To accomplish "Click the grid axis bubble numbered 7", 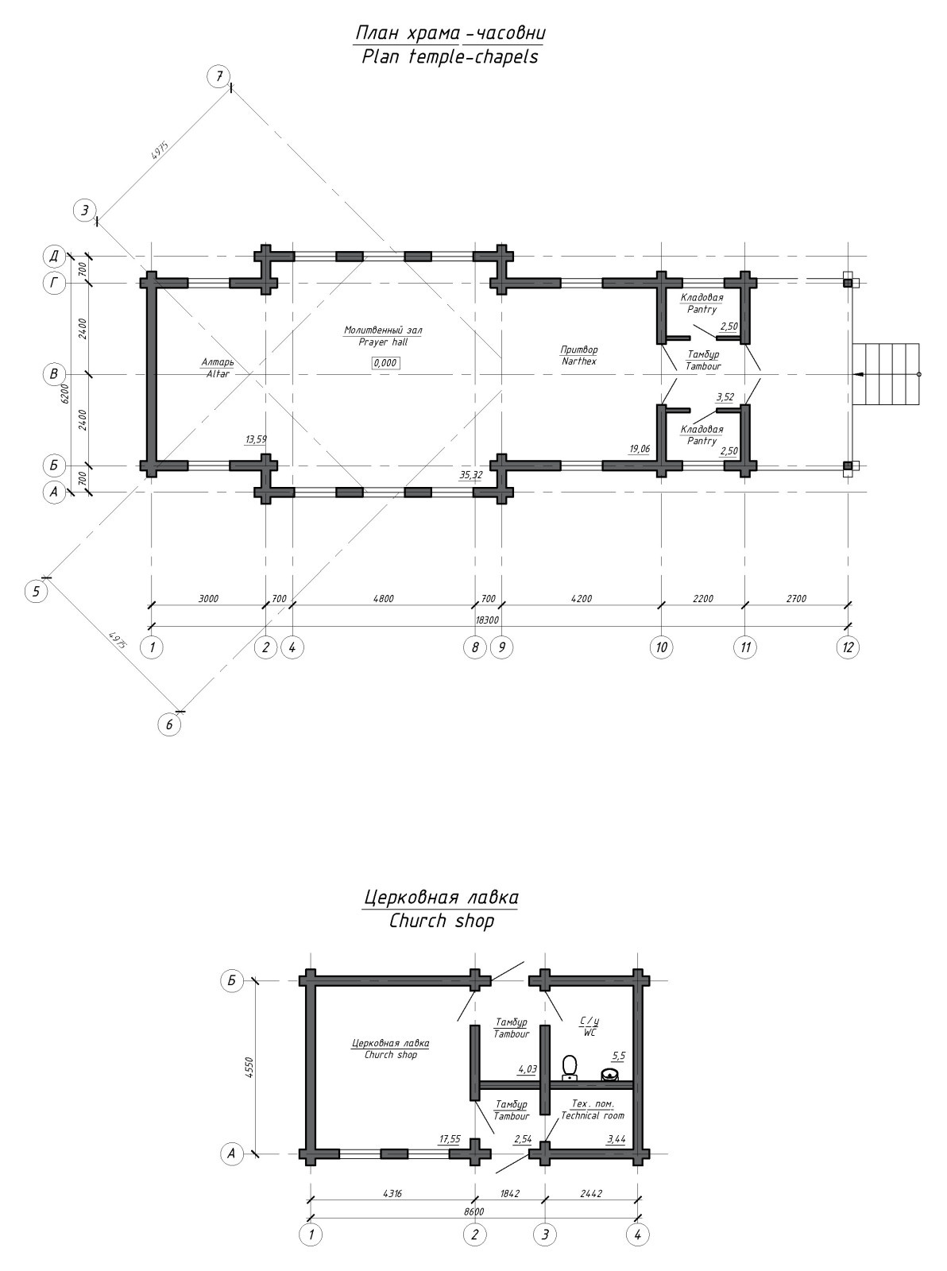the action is [218, 76].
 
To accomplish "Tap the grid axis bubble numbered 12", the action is [848, 647].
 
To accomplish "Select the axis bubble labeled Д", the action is [54, 257].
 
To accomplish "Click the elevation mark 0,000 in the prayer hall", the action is [385, 363].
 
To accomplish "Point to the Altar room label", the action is [217, 368].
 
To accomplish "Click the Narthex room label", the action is [579, 355].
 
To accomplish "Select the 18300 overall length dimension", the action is [487, 620].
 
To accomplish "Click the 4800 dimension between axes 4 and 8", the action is [384, 599].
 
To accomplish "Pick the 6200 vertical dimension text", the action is [65, 394].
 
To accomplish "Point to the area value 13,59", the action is [257, 439].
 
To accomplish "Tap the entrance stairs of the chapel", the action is [886, 374].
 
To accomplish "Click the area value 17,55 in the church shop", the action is [450, 1139].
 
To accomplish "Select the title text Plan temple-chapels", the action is [450, 56].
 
